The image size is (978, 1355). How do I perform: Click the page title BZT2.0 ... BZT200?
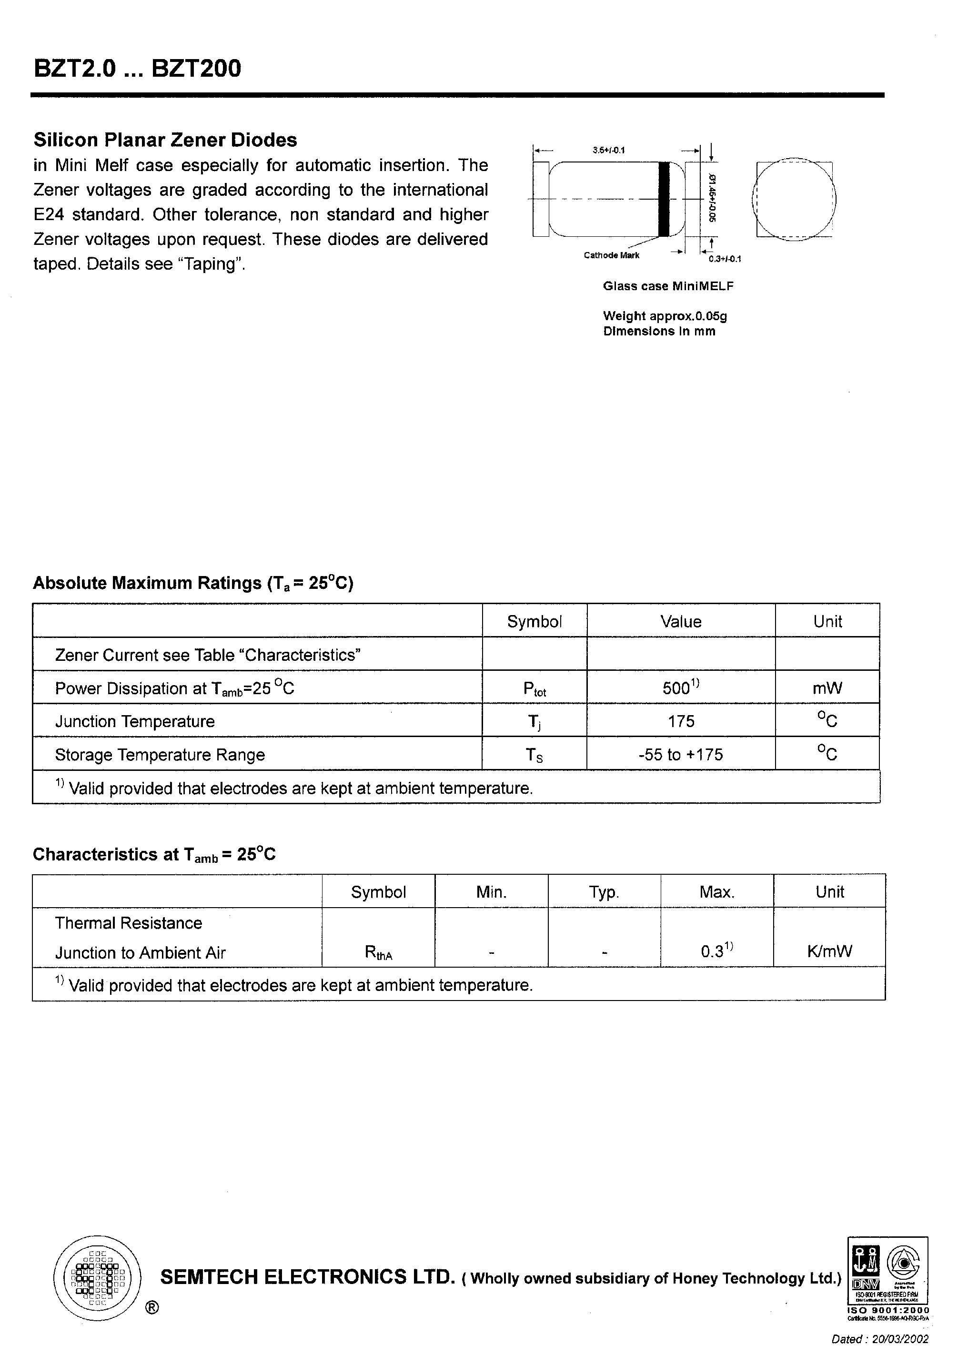pos(137,68)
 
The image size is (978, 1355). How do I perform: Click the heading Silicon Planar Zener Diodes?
pos(165,140)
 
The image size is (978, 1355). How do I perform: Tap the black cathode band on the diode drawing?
pos(664,199)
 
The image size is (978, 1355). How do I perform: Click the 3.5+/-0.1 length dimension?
pos(608,150)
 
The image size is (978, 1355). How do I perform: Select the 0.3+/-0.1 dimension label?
pos(724,259)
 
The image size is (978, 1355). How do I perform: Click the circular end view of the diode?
pos(794,199)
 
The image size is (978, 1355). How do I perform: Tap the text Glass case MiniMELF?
pos(668,286)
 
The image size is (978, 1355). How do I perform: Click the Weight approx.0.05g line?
pos(665,316)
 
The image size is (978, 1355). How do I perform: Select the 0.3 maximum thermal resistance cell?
pos(716,951)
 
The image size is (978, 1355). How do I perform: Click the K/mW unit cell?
pos(829,951)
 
